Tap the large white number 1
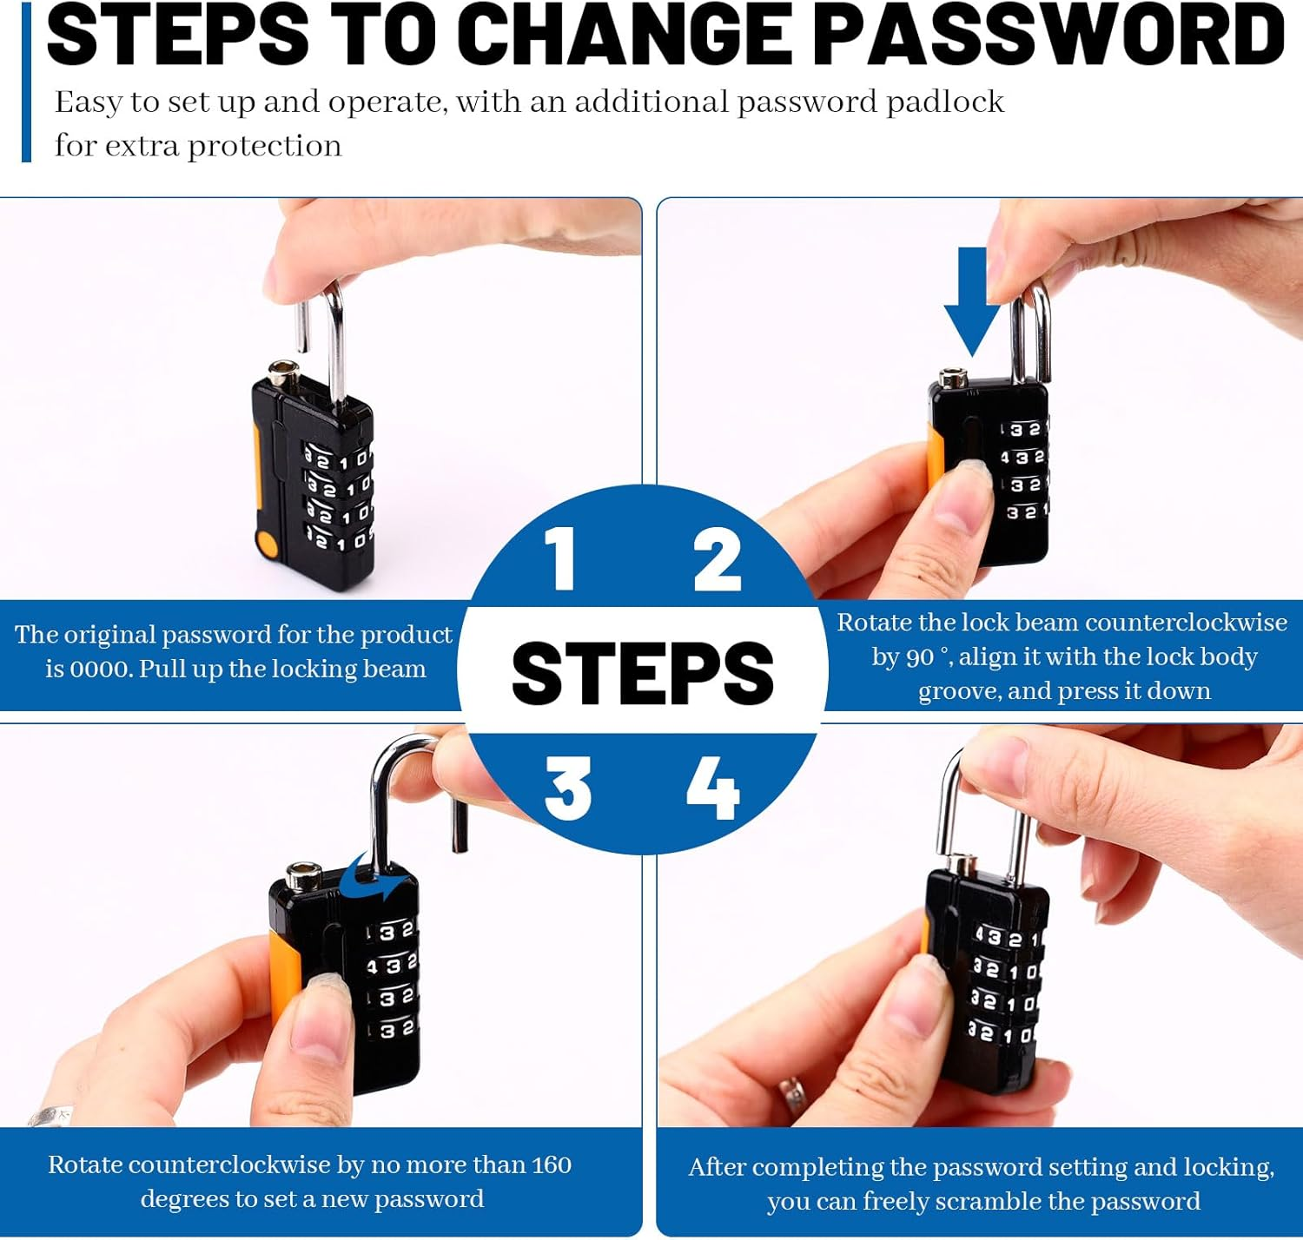click(x=560, y=558)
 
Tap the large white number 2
click(x=717, y=559)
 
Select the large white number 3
click(x=567, y=788)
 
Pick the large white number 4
click(x=713, y=788)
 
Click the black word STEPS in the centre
click(x=642, y=673)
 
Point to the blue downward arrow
click(x=972, y=301)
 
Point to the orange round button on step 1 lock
click(x=267, y=544)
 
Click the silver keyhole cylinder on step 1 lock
click(x=284, y=373)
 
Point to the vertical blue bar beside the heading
click(x=27, y=82)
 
